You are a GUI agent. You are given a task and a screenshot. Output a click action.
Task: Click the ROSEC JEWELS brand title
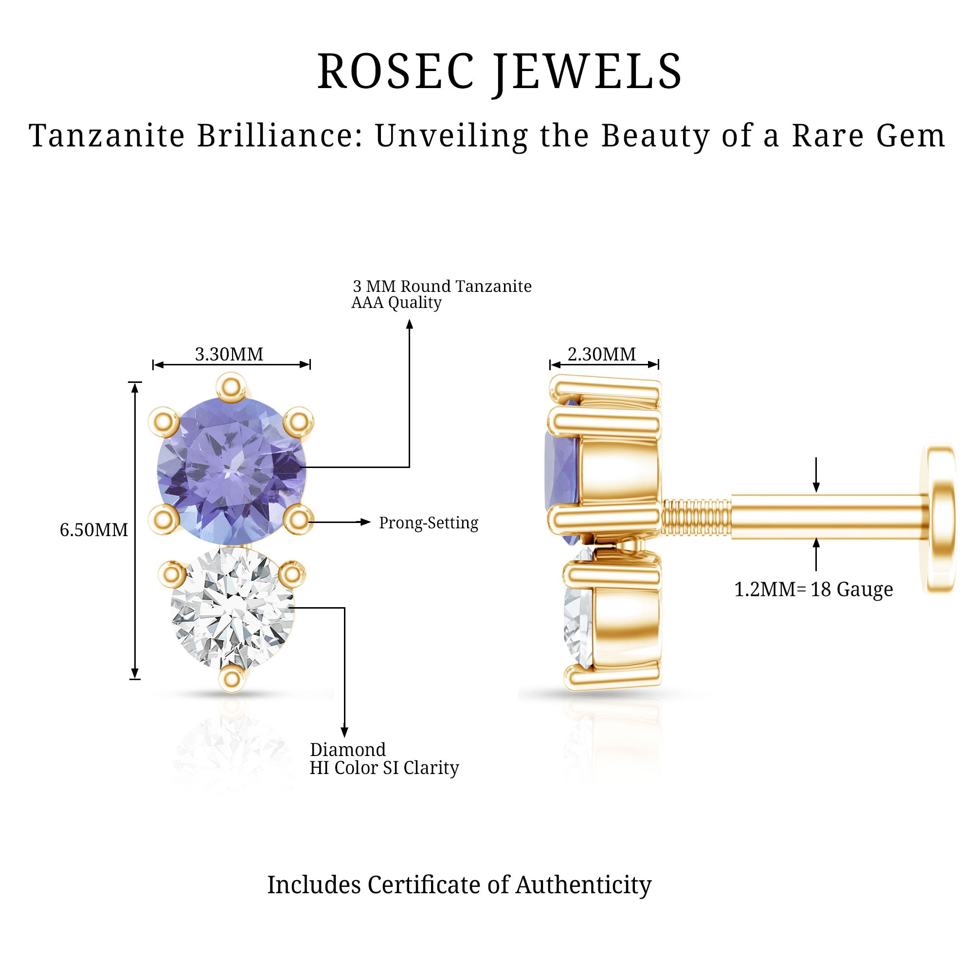pos(500,72)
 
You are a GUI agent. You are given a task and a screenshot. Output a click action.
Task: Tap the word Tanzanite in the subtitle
pos(107,136)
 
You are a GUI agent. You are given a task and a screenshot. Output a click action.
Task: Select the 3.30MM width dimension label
pos(229,355)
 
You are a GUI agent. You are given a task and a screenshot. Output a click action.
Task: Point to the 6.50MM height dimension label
pos(94,530)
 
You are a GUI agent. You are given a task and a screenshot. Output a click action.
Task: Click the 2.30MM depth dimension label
pos(602,355)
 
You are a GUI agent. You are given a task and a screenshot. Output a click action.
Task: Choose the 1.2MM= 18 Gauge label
pos(813,589)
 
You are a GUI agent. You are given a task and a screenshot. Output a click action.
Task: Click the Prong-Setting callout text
pos(429,523)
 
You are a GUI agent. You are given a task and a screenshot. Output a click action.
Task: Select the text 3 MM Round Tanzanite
pos(442,286)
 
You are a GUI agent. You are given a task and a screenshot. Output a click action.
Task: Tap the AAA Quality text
pos(396,302)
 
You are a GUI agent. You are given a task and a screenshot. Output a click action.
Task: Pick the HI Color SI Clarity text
pos(384,768)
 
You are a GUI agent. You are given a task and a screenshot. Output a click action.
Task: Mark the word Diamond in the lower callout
pos(348,749)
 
